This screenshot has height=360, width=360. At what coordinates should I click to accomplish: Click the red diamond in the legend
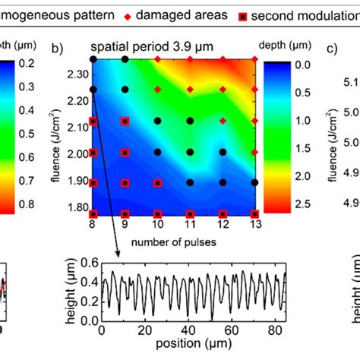(150, 14)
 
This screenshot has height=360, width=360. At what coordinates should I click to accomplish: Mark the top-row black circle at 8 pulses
(93, 58)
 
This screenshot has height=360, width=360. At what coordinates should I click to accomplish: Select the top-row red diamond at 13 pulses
(255, 58)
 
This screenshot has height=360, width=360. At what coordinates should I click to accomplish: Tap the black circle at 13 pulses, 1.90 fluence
(255, 183)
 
